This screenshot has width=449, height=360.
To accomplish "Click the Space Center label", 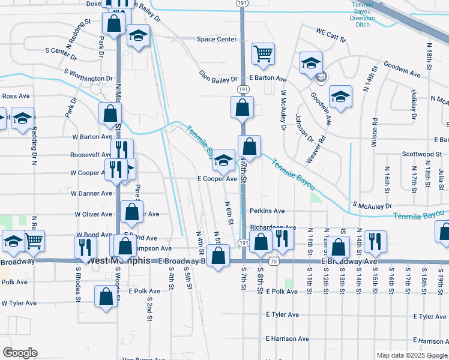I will click(x=217, y=40).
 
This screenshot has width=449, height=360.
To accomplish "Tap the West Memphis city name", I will click(x=117, y=261).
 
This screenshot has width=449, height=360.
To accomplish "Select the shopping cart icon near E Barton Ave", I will click(x=263, y=54).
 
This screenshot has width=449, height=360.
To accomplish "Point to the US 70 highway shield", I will click(x=273, y=262).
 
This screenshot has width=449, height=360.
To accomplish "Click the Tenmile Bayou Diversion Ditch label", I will click(x=363, y=11).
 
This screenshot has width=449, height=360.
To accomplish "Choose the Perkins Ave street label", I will click(x=267, y=211).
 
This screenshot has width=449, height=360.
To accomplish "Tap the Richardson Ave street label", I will click(x=273, y=228).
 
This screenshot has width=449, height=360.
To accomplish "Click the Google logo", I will click(x=20, y=353).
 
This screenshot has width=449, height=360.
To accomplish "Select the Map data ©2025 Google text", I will click(x=412, y=355).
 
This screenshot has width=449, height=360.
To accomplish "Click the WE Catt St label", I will click(x=331, y=38).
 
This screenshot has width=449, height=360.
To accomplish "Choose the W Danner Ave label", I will click(x=91, y=194).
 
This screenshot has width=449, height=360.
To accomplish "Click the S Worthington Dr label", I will click(x=89, y=79).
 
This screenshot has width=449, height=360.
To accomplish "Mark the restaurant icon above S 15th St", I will click(x=375, y=241).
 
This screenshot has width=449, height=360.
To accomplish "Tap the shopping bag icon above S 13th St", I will click(x=339, y=247).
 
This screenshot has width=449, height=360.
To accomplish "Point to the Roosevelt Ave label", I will click(x=91, y=154).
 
